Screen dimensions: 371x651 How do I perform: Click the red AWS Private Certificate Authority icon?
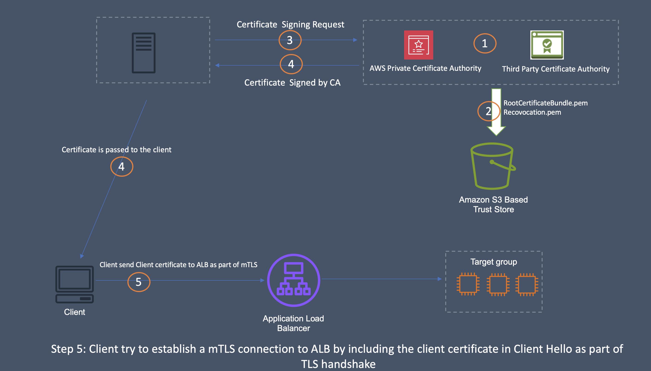(x=418, y=45)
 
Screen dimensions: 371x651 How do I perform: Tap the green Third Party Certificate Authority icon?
(x=547, y=45)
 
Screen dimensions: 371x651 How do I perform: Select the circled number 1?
(x=485, y=44)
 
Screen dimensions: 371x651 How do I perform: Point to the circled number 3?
(x=290, y=40)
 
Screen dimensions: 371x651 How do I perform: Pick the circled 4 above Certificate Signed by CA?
(x=291, y=64)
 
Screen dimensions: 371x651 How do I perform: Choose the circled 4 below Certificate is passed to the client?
(x=122, y=167)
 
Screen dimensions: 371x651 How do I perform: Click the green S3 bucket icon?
(x=492, y=166)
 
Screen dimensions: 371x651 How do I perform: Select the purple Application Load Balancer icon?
(x=294, y=280)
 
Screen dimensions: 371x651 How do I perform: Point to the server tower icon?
(x=144, y=53)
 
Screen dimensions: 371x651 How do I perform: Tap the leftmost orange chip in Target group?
(x=468, y=284)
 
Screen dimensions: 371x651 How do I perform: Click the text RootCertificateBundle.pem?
(x=545, y=103)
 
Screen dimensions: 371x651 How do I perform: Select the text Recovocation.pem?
(x=532, y=112)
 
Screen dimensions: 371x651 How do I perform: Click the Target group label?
(x=494, y=262)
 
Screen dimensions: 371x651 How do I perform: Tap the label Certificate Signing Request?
(x=290, y=24)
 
